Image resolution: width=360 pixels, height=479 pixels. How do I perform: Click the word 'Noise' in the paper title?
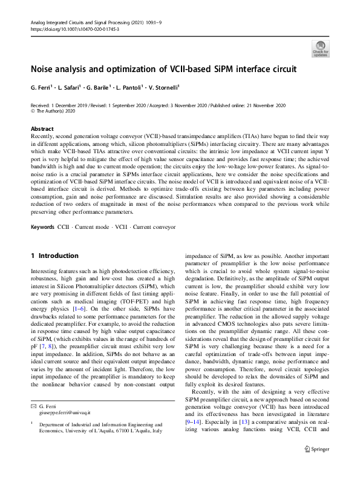point(44,69)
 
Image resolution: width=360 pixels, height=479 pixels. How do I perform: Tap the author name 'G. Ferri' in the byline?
point(42,88)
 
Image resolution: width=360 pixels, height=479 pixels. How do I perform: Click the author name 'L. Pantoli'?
point(130,88)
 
